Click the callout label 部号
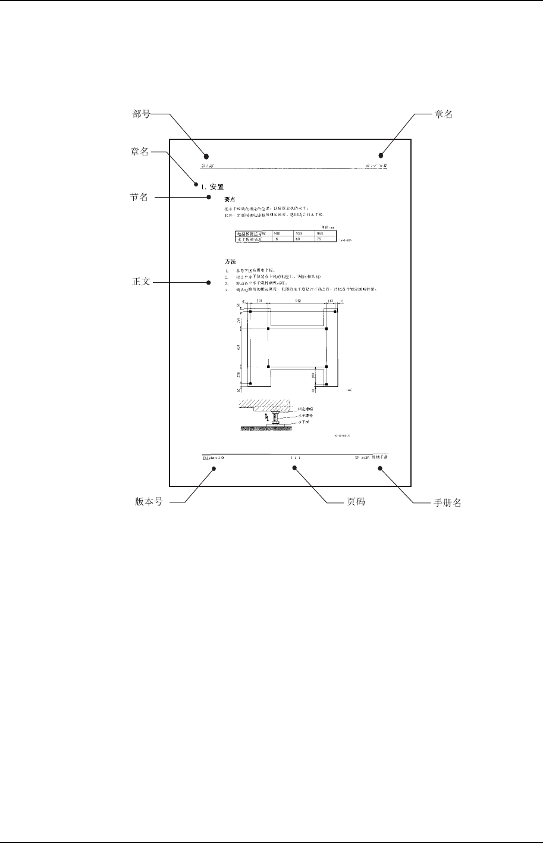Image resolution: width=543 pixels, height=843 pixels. [141, 115]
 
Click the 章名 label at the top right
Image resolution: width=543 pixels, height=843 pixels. [443, 115]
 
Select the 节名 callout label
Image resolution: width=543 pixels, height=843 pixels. [140, 197]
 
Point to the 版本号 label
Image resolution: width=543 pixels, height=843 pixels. [149, 502]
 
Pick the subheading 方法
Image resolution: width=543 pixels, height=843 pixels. [230, 262]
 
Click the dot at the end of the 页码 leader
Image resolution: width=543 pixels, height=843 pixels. [294, 468]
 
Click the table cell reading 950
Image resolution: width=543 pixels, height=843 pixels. [300, 234]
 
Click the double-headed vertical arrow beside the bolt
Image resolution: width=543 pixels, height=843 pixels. [268, 417]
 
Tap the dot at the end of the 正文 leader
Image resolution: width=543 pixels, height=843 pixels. [208, 282]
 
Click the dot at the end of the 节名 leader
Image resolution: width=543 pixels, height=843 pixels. [208, 197]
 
